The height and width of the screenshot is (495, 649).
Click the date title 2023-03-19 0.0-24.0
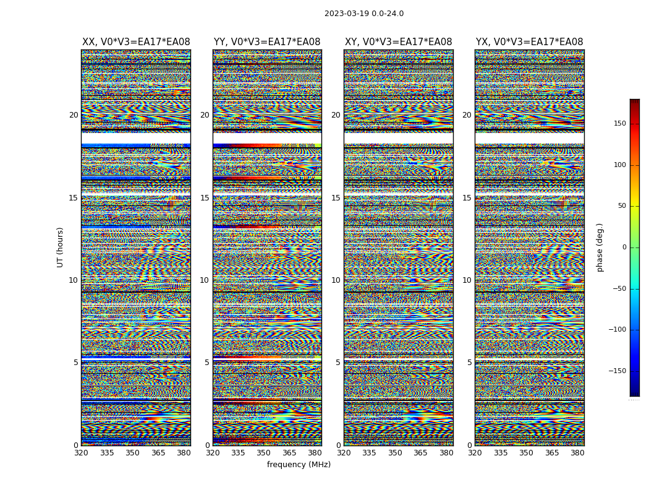tap(363, 14)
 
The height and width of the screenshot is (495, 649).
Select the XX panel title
tap(136, 42)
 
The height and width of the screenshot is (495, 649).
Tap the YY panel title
tap(267, 42)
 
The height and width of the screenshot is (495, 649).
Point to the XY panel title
tap(398, 42)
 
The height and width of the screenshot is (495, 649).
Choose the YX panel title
tap(529, 42)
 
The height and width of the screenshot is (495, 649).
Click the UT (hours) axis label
tap(60, 247)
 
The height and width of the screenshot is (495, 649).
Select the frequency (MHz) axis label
tap(299, 465)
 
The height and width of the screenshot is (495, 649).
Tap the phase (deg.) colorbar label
tap(600, 247)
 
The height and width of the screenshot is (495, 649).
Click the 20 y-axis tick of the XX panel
tap(74, 115)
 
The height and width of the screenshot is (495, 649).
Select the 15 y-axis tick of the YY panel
tap(205, 197)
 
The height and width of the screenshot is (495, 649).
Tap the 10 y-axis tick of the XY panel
tap(336, 280)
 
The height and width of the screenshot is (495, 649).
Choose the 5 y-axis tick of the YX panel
tap(469, 363)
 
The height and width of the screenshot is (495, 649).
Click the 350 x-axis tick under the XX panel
tap(132, 453)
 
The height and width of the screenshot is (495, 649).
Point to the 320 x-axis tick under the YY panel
tap(213, 453)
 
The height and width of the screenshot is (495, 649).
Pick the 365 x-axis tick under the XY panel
tap(420, 453)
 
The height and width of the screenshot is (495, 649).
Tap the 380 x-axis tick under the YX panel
tap(577, 453)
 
